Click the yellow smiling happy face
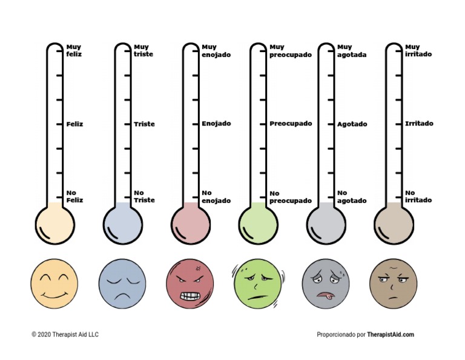click(x=54, y=283)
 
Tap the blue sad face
click(x=122, y=283)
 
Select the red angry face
click(x=190, y=283)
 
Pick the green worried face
click(x=258, y=284)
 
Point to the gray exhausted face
click(x=326, y=284)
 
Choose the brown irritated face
click(x=394, y=284)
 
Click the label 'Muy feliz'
click(x=74, y=50)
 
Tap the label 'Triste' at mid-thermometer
click(x=144, y=124)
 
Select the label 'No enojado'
click(x=216, y=197)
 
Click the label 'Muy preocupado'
click(x=291, y=50)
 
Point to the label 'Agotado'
click(x=352, y=124)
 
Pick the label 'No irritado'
click(x=418, y=197)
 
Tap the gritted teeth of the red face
click(x=189, y=295)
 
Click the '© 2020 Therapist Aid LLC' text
click(x=65, y=335)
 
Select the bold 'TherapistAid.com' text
click(x=391, y=335)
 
